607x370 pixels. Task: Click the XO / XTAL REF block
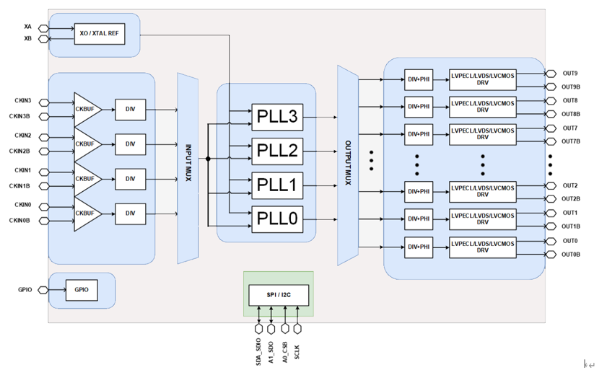98,33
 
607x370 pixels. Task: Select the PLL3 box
277,116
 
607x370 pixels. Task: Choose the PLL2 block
277,151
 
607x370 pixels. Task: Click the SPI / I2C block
278,294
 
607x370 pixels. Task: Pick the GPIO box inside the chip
81,290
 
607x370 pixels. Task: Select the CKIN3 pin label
22,101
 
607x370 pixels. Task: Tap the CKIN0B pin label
20,220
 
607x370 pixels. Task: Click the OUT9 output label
570,73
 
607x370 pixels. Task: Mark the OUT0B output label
572,254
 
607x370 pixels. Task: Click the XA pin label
27,27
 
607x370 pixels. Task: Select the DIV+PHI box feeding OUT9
419,79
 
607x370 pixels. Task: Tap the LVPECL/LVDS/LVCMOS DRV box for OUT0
482,247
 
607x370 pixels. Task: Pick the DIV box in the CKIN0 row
130,213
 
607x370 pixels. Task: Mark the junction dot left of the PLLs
208,159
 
